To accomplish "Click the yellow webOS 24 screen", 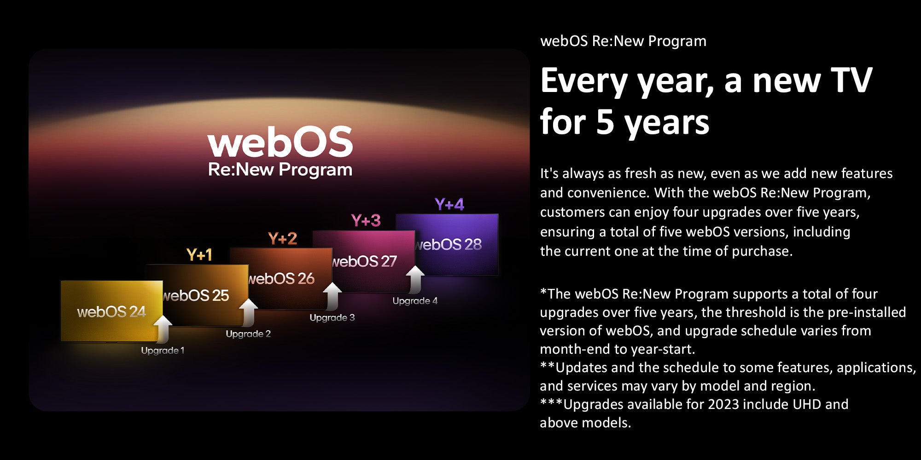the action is click(111, 311).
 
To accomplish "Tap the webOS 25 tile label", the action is click(196, 295).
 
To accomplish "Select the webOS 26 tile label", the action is click(281, 278).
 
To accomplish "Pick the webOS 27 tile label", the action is click(364, 261).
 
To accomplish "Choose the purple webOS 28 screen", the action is click(447, 244).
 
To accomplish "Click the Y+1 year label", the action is click(199, 255).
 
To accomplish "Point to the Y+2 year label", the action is click(283, 238).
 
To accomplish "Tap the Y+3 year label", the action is click(366, 221).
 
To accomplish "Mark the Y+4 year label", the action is click(449, 204).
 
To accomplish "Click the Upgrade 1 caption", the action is click(163, 351).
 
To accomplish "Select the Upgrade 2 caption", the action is click(248, 334).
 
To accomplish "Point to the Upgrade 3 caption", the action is click(332, 317).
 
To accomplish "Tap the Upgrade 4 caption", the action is click(415, 301).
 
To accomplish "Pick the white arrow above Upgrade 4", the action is click(415, 279).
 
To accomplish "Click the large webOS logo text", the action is click(280, 142).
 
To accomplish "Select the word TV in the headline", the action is click(851, 80).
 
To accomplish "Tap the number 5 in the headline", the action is click(605, 122).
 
